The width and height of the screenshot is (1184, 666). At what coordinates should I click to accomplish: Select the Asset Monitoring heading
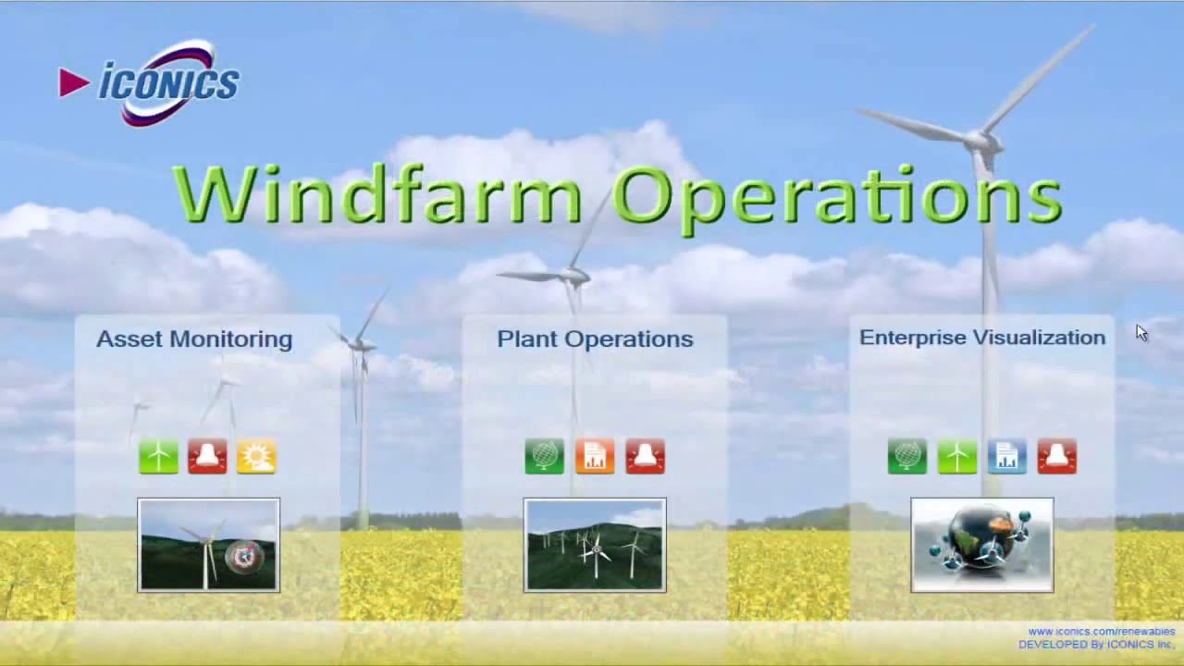point(194,339)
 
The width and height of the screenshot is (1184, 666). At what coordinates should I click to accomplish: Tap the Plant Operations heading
point(595,339)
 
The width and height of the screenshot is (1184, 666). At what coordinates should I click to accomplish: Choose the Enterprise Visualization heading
point(982,338)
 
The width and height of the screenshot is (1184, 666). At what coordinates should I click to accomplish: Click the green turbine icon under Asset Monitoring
point(158,457)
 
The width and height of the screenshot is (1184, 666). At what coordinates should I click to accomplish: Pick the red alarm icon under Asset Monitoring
point(207,457)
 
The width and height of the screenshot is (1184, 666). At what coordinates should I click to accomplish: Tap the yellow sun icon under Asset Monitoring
point(256,457)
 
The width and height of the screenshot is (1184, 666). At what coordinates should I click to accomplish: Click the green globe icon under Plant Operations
point(545,457)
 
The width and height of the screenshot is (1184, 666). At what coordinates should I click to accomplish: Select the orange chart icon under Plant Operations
point(595,457)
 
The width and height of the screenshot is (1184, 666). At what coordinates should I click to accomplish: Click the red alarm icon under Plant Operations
point(645,457)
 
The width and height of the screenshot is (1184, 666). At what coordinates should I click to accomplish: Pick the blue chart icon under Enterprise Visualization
point(1006,457)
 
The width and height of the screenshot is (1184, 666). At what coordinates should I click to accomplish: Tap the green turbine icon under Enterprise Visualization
point(956,457)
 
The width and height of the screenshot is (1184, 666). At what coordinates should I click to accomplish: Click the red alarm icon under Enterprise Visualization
point(1056,457)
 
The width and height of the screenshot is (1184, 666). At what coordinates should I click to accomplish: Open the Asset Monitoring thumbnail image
point(208,545)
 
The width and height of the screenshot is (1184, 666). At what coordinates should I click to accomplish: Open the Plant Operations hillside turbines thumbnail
point(595,545)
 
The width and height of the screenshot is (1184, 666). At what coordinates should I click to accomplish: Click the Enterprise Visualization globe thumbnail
point(981,545)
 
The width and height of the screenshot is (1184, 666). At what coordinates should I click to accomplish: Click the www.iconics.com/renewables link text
point(1101,632)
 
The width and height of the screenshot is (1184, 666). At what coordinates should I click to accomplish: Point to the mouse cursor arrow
point(1141,333)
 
